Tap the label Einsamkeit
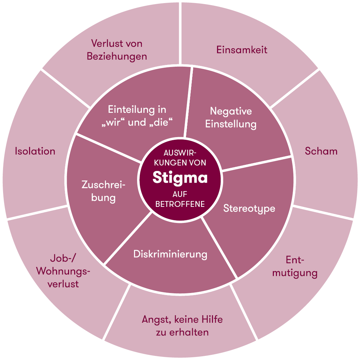(x=242, y=50)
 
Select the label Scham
(x=321, y=151)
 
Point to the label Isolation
(x=35, y=151)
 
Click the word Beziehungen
(x=117, y=56)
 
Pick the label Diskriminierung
(x=170, y=254)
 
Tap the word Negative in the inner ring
(x=231, y=111)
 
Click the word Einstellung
(x=231, y=124)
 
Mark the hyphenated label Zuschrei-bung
(x=104, y=191)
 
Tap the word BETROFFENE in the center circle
(x=180, y=204)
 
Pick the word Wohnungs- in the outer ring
(x=63, y=271)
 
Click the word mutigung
(x=294, y=273)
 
